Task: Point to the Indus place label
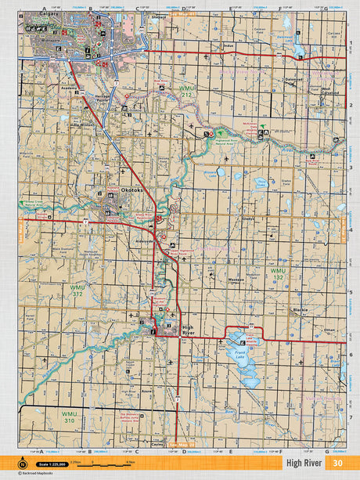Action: pos(229,46)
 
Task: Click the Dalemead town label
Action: pos(295,79)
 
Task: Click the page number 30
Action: pos(337,462)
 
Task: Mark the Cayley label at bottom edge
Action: pos(157,442)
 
